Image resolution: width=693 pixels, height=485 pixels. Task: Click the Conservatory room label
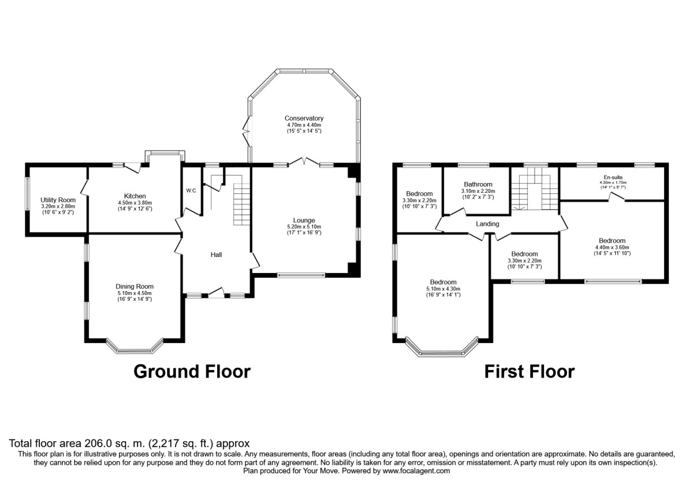click(304, 118)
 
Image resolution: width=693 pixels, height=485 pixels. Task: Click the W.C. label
click(192, 191)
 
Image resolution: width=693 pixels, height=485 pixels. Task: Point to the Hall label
click(216, 255)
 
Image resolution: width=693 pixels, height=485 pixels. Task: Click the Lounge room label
click(304, 220)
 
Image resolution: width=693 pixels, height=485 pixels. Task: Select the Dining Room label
click(135, 286)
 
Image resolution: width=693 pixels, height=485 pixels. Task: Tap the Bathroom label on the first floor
click(476, 185)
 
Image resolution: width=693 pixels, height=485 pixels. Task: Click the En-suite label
click(612, 177)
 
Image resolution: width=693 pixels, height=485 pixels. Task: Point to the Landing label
click(487, 224)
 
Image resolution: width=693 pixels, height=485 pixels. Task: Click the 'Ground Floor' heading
click(192, 371)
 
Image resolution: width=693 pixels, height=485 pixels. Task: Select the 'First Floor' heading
click(529, 371)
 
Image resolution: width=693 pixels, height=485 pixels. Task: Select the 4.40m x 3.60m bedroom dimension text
click(612, 248)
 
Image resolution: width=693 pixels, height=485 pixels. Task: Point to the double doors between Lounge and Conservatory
click(304, 163)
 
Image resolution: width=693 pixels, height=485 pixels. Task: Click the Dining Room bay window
click(135, 348)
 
